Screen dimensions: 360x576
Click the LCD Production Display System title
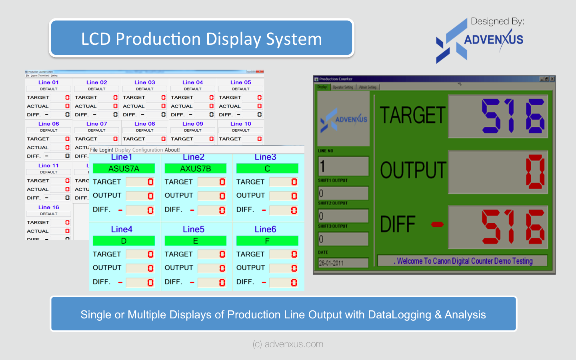202,39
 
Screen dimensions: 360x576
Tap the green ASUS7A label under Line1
124,169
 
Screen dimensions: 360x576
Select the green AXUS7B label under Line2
195,169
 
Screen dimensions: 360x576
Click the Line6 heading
265,229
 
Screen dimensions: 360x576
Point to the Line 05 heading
240,82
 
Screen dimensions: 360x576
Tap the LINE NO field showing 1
343,166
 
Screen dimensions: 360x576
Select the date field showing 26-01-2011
343,263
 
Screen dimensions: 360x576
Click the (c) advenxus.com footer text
288,344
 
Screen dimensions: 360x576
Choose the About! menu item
172,150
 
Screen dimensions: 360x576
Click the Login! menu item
106,150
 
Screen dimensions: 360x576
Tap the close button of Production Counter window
552,79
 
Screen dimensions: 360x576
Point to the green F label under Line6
267,241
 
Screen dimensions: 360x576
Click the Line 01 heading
48,82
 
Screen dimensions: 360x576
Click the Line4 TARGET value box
140,254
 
